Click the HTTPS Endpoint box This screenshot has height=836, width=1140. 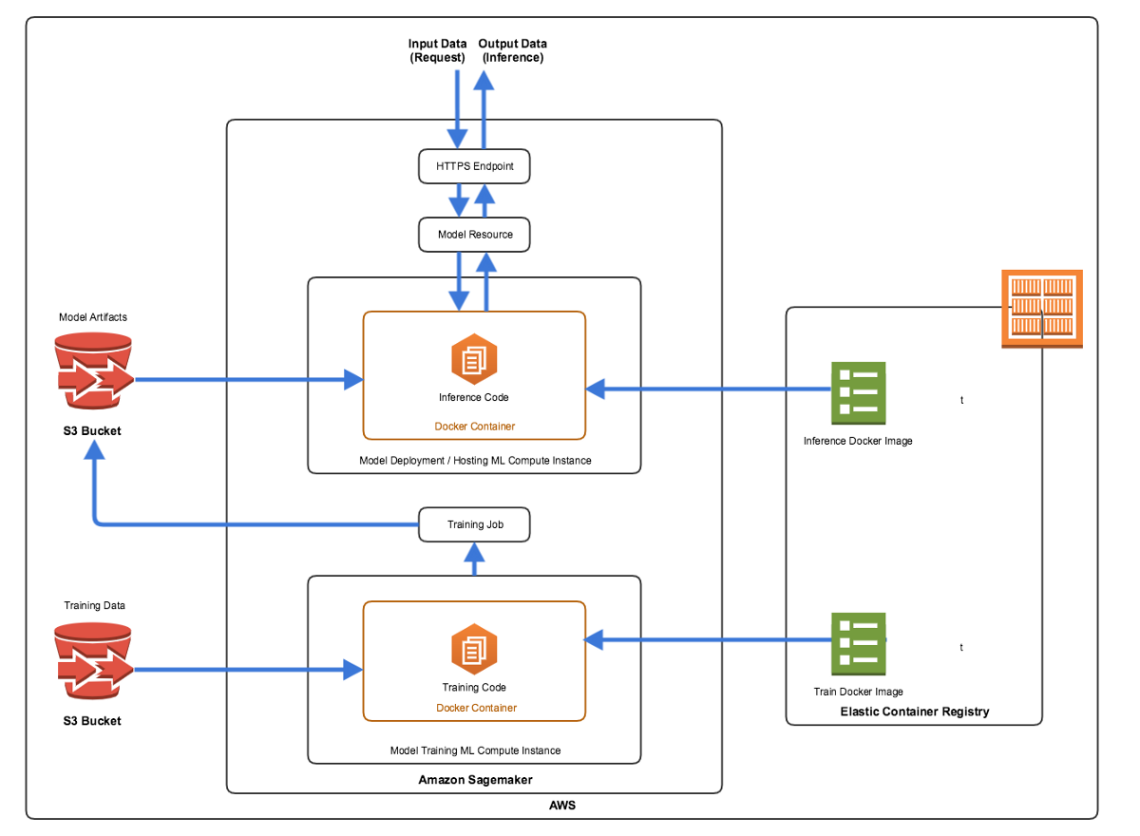tap(474, 166)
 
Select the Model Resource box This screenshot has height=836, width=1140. tap(474, 235)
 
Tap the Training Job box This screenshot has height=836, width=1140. tap(474, 524)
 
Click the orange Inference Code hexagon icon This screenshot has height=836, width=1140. tap(474, 359)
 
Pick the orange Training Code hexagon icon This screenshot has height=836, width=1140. tap(474, 649)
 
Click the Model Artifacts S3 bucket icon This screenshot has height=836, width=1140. tap(94, 370)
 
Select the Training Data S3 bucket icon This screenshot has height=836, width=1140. tap(94, 661)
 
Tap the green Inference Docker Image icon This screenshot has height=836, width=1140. tap(858, 392)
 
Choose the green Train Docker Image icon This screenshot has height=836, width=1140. tap(858, 644)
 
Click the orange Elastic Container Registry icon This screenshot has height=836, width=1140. tap(1042, 309)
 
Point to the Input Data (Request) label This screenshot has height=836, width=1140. tap(437, 50)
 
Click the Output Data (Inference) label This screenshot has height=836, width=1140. tap(512, 50)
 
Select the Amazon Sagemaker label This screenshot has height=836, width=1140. tap(475, 780)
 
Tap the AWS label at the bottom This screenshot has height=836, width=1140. tap(561, 805)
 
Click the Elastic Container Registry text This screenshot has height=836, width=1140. tap(915, 712)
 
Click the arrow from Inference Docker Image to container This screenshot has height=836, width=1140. tap(709, 389)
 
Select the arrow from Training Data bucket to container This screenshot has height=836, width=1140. tap(248, 670)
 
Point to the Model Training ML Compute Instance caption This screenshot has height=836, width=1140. tap(475, 750)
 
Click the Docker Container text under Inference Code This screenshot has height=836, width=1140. tap(474, 427)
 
